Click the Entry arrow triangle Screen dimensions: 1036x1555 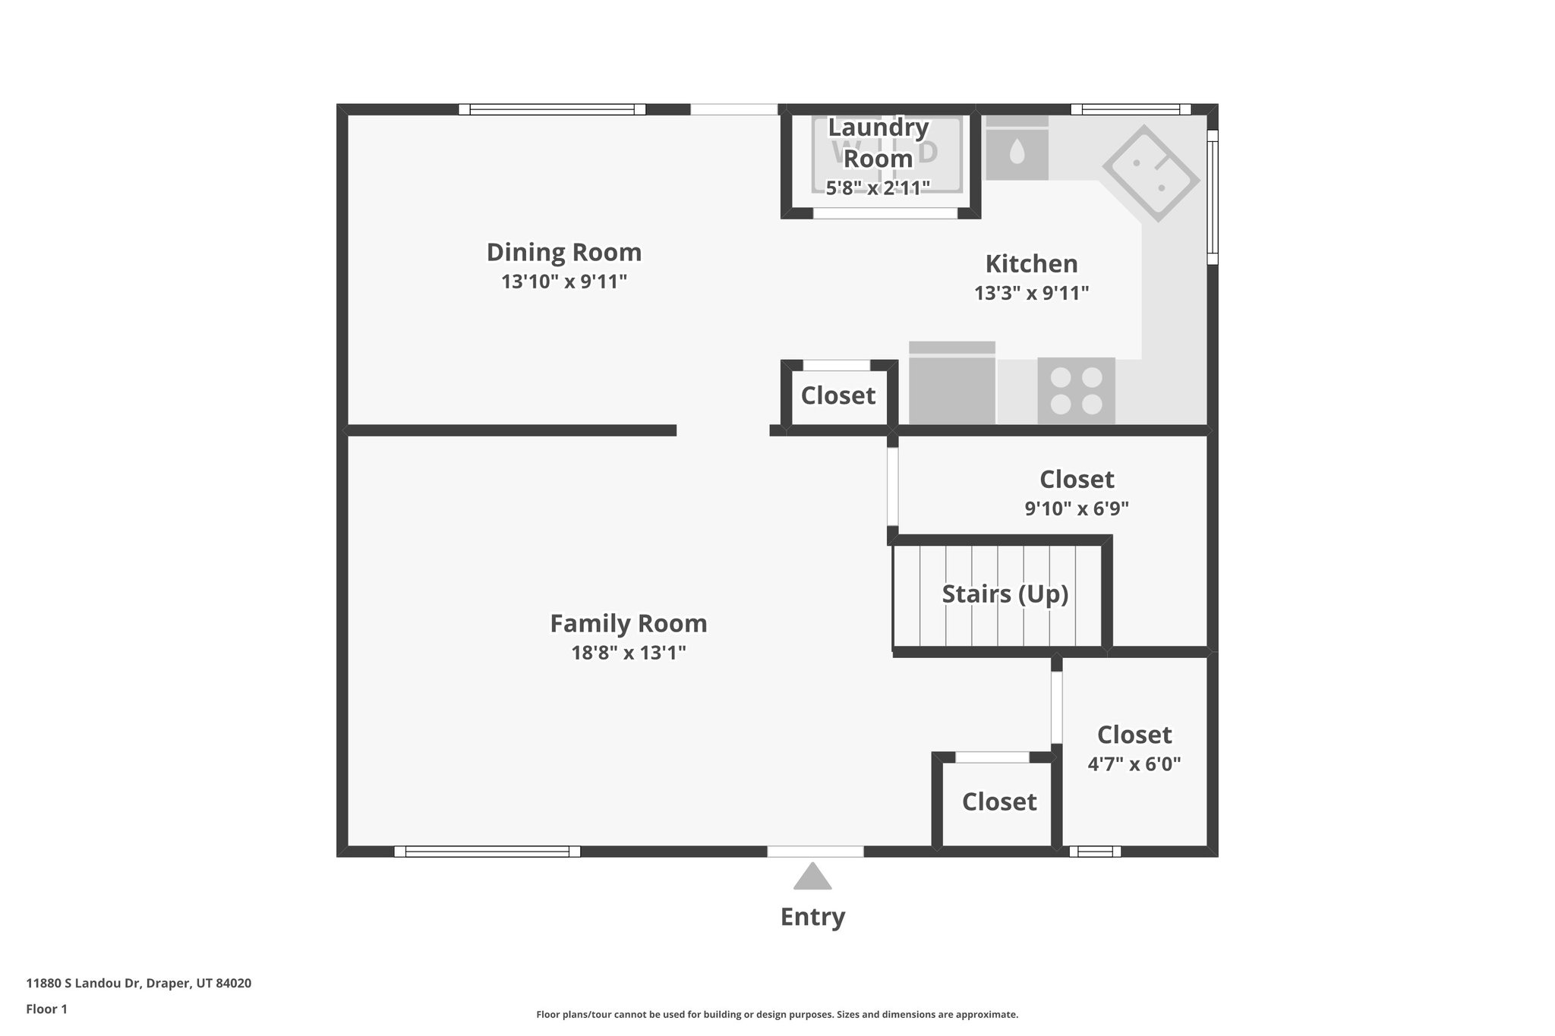[812, 877]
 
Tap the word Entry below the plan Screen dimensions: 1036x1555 [812, 917]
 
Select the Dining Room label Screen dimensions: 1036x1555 [563, 252]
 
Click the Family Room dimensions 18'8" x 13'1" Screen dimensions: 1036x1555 [629, 653]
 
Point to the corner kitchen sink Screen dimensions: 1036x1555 [1150, 174]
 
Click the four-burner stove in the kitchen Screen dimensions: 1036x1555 [1076, 391]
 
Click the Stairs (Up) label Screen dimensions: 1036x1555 [1005, 594]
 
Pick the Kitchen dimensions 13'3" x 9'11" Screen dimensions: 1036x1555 [1031, 293]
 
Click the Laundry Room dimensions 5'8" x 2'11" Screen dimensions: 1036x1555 [878, 187]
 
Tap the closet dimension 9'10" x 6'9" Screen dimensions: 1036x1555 [1077, 509]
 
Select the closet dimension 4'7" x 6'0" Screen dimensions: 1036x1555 [1134, 764]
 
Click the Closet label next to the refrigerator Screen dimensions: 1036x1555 [838, 395]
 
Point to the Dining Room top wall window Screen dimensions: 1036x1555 [552, 109]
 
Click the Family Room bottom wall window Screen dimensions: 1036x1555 [487, 852]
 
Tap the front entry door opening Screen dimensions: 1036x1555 [815, 852]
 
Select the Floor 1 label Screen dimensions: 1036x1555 [46, 1009]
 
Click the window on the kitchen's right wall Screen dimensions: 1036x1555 [1213, 197]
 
